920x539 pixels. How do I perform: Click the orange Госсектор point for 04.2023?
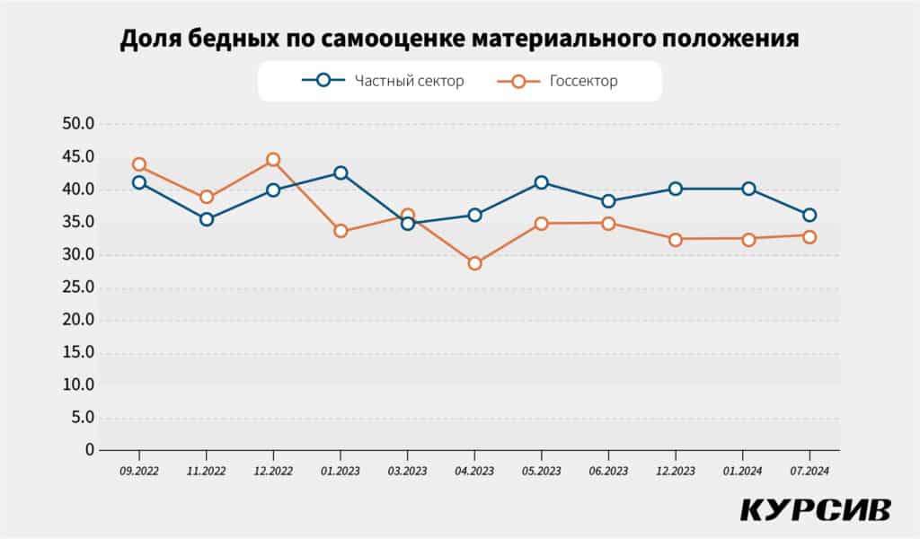[x=474, y=263]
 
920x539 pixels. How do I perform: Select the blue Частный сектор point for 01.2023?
[x=341, y=172]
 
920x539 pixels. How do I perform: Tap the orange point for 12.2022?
[x=273, y=160]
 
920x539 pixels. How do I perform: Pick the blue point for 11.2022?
[x=207, y=219]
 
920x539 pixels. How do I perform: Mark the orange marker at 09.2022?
[x=139, y=164]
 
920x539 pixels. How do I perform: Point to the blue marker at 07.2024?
[x=809, y=215]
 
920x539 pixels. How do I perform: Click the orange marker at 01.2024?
[x=742, y=239]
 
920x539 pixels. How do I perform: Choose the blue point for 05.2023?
[x=542, y=182]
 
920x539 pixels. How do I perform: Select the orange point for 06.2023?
[x=608, y=224]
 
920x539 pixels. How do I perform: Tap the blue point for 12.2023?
[x=676, y=189]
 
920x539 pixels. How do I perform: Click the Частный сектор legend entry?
[x=384, y=81]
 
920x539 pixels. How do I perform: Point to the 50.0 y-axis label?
[x=77, y=124]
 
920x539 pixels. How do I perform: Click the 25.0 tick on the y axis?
[x=77, y=287]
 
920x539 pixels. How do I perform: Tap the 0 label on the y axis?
[x=89, y=449]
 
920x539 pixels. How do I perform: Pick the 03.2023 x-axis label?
[x=407, y=470]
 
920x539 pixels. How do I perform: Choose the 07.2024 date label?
[x=809, y=470]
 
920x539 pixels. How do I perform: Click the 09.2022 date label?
[x=139, y=470]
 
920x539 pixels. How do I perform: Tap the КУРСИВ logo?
[x=815, y=509]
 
